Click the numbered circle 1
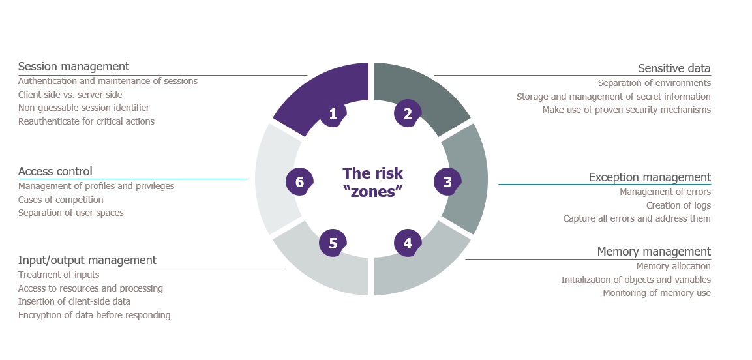[x=333, y=113]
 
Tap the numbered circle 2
[x=408, y=113]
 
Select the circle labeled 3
[x=447, y=182]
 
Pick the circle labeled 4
[x=408, y=243]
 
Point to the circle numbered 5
[x=333, y=243]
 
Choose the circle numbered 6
[x=300, y=182]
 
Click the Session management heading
[x=74, y=66]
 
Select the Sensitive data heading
[x=674, y=68]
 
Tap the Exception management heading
[x=650, y=177]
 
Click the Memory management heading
[x=654, y=252]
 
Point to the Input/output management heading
[x=87, y=260]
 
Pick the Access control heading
[x=55, y=171]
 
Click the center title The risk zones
[x=373, y=182]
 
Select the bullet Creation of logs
[x=678, y=205]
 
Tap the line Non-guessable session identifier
[x=84, y=108]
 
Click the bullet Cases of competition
[x=61, y=200]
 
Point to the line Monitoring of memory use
[x=657, y=293]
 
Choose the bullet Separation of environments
[x=654, y=83]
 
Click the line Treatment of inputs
[x=59, y=275]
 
